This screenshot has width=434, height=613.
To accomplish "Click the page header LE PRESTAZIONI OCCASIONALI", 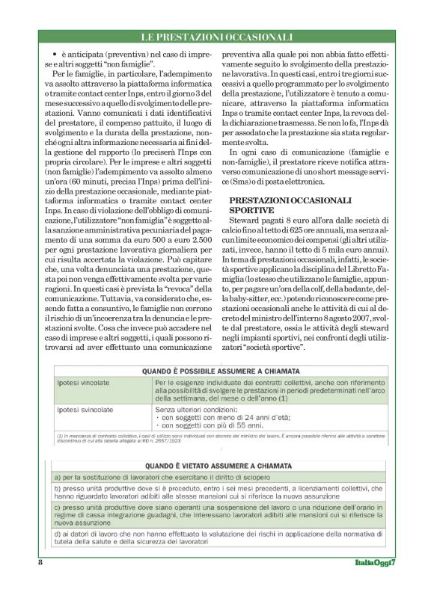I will click(x=216, y=37).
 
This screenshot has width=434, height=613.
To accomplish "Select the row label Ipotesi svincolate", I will click(x=88, y=410).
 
